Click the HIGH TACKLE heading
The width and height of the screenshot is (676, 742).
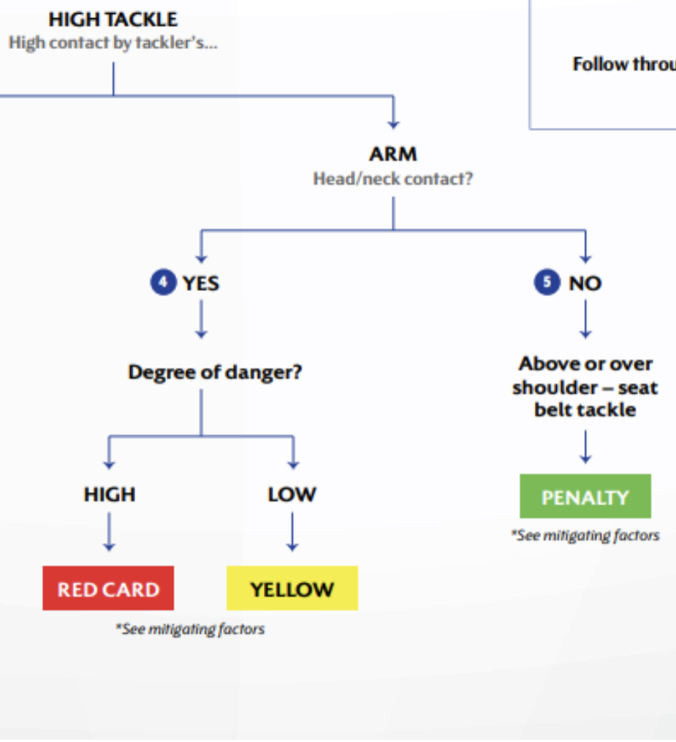113,20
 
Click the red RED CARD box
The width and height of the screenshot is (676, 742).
108,588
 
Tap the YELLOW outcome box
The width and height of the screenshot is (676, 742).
292,588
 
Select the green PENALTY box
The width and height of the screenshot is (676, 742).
585,496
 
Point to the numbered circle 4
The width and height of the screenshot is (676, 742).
163,282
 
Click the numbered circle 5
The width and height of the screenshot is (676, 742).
547,282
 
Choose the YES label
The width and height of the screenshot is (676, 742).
201,284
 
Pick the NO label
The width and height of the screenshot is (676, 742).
585,284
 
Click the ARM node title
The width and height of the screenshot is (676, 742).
393,154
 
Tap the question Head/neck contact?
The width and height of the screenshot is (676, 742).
393,179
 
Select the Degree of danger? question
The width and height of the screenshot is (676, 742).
215,372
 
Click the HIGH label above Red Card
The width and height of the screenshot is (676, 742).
110,494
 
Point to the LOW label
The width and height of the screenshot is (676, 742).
292,494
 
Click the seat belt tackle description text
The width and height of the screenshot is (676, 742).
585,387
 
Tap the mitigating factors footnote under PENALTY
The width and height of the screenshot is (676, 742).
585,535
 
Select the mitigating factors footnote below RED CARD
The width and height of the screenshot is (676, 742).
190,629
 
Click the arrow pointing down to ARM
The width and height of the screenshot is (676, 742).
393,112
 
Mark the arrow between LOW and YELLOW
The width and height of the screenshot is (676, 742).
292,532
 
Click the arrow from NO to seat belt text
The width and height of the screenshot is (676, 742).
585,319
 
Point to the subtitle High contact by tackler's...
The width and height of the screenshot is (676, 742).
113,43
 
